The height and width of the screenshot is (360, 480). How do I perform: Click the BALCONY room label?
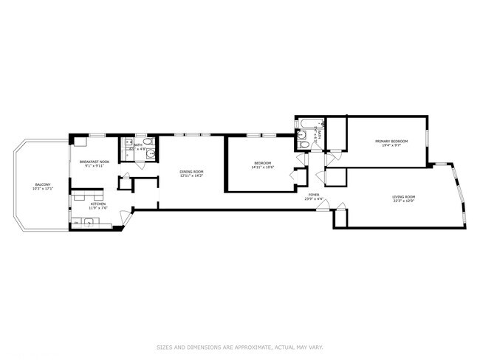pos(42,184)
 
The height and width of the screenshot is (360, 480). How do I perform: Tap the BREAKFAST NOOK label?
pos(95,162)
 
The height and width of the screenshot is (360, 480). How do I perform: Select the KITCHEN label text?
pos(98,204)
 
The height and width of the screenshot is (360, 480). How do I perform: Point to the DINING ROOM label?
pos(191,173)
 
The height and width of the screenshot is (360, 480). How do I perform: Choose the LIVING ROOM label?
pos(403,196)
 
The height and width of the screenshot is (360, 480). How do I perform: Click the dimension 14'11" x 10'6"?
pos(263,167)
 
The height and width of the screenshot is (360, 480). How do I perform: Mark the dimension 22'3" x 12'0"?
pos(403,201)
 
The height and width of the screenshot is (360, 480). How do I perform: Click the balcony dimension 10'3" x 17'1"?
pos(42,189)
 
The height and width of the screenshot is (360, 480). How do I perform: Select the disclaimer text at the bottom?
pos(240,347)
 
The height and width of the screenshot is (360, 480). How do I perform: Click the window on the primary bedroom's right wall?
pos(427,140)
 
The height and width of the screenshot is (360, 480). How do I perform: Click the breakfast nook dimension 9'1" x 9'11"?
pos(95,166)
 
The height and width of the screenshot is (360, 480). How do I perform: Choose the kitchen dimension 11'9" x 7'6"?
pos(98,208)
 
